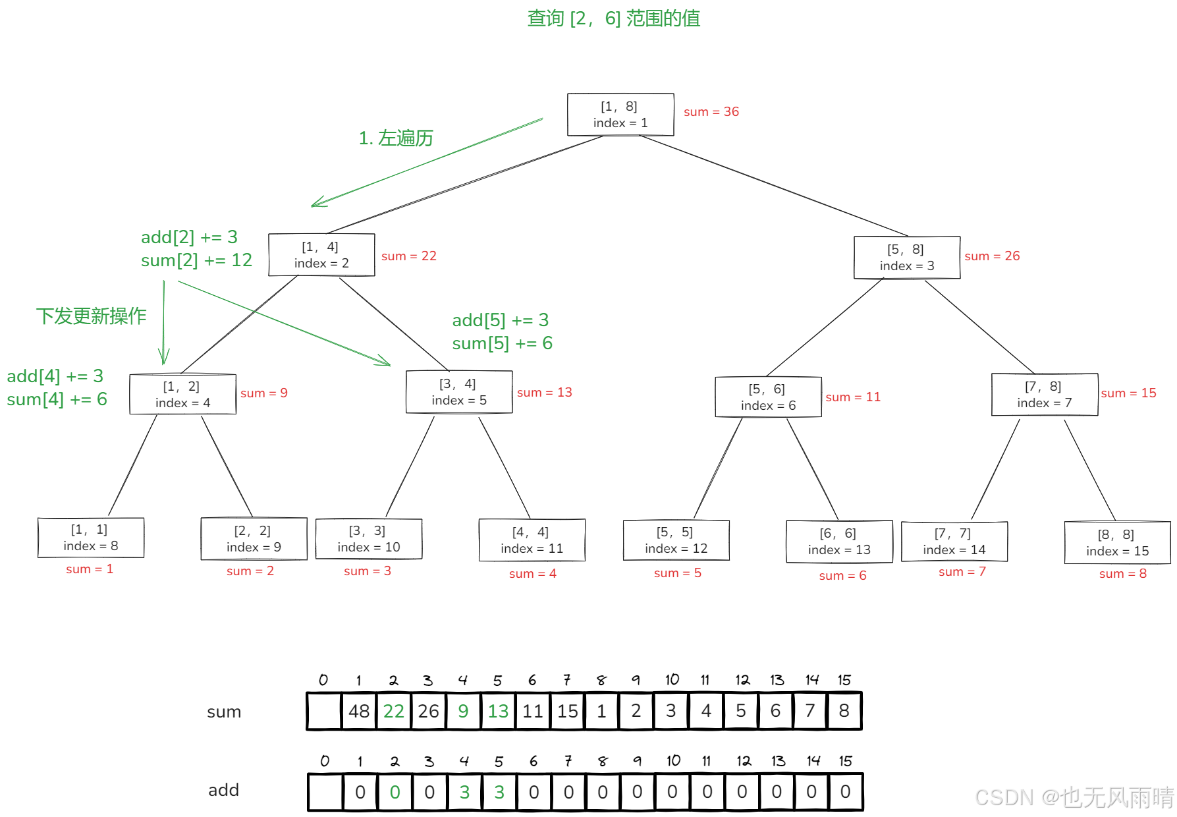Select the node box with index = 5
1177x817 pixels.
459,392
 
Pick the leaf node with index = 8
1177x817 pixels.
91,538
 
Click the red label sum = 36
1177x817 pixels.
711,111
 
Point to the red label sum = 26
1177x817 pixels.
992,256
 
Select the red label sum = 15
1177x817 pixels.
1128,393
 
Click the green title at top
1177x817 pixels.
613,18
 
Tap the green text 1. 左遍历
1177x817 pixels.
396,138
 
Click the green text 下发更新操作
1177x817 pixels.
91,316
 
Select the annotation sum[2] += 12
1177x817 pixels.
196,260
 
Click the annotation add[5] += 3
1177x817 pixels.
500,320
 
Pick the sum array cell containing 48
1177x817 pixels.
359,711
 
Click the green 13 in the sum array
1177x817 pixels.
498,711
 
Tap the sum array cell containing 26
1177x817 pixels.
428,711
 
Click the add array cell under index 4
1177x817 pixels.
464,792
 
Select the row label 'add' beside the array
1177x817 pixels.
223,790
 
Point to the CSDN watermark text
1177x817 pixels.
1074,798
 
